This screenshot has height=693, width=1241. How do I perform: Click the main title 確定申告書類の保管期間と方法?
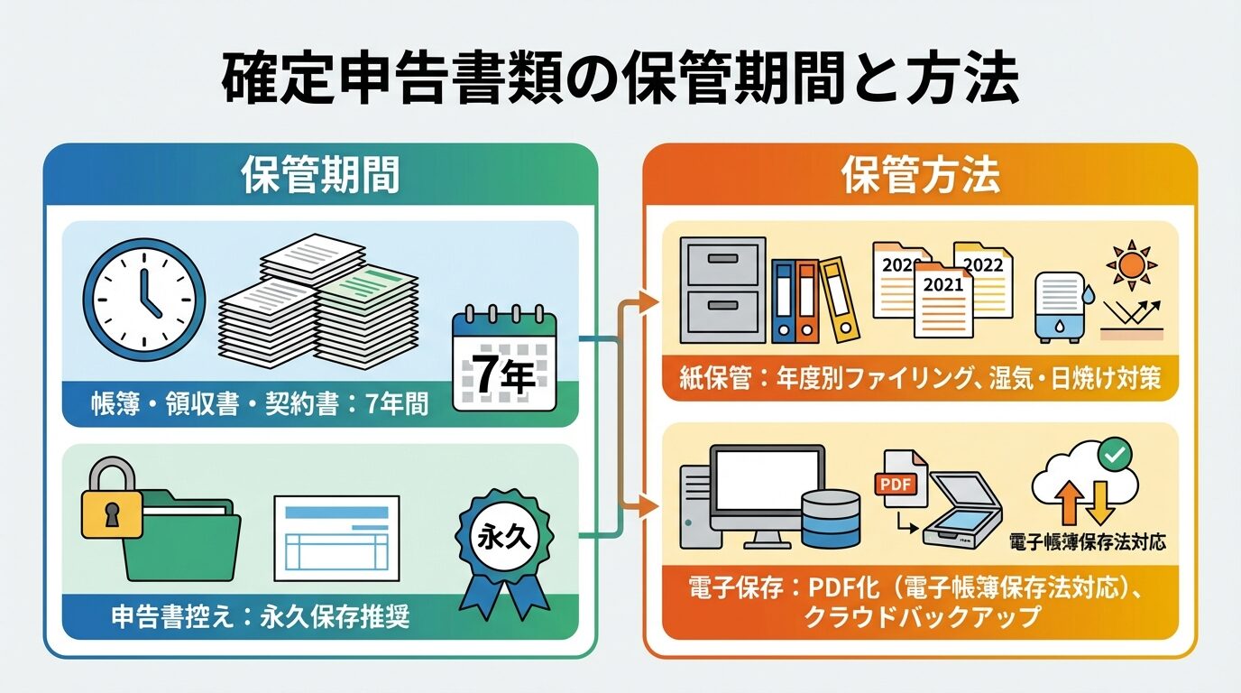pos(620,80)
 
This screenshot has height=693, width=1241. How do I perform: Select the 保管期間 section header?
pos(320,176)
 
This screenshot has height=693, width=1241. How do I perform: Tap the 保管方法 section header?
pos(920,176)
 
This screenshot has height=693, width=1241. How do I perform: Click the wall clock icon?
pos(144,300)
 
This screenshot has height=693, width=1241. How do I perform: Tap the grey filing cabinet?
pos(722,290)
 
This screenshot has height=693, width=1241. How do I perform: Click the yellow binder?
pos(839,300)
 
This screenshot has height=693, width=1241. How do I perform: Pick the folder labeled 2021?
pos(942,298)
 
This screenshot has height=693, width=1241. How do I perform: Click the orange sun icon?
pos(1132,265)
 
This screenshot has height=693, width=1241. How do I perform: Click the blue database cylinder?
pos(831,518)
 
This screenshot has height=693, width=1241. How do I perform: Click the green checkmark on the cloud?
pos(1115,455)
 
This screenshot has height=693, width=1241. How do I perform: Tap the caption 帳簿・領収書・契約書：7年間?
pos(259,407)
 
